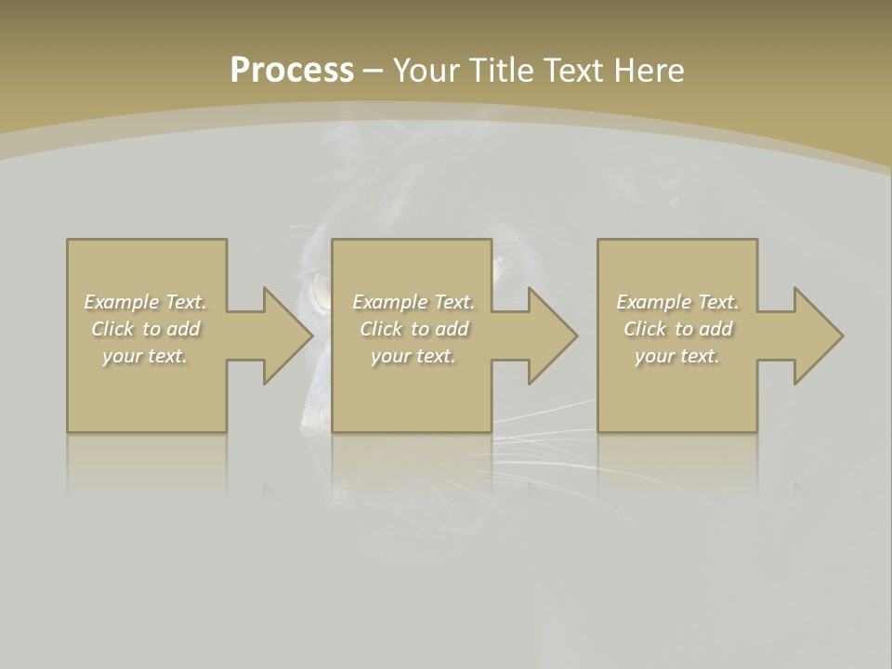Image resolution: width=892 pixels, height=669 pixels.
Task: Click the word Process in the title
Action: click(x=292, y=71)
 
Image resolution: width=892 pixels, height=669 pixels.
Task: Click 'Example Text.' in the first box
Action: click(x=145, y=302)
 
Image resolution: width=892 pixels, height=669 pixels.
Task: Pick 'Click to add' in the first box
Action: click(x=145, y=329)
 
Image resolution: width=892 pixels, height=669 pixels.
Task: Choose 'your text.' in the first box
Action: click(x=145, y=356)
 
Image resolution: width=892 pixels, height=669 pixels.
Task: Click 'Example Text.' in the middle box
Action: click(x=413, y=302)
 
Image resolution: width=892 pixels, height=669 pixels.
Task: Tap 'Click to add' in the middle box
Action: click(x=413, y=329)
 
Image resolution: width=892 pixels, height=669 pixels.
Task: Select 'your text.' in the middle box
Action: click(x=413, y=356)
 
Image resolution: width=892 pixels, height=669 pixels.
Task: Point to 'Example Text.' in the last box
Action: click(x=677, y=302)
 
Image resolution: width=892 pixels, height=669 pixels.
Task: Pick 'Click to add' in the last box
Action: click(x=677, y=329)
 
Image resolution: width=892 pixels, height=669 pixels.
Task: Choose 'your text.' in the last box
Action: click(x=677, y=356)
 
